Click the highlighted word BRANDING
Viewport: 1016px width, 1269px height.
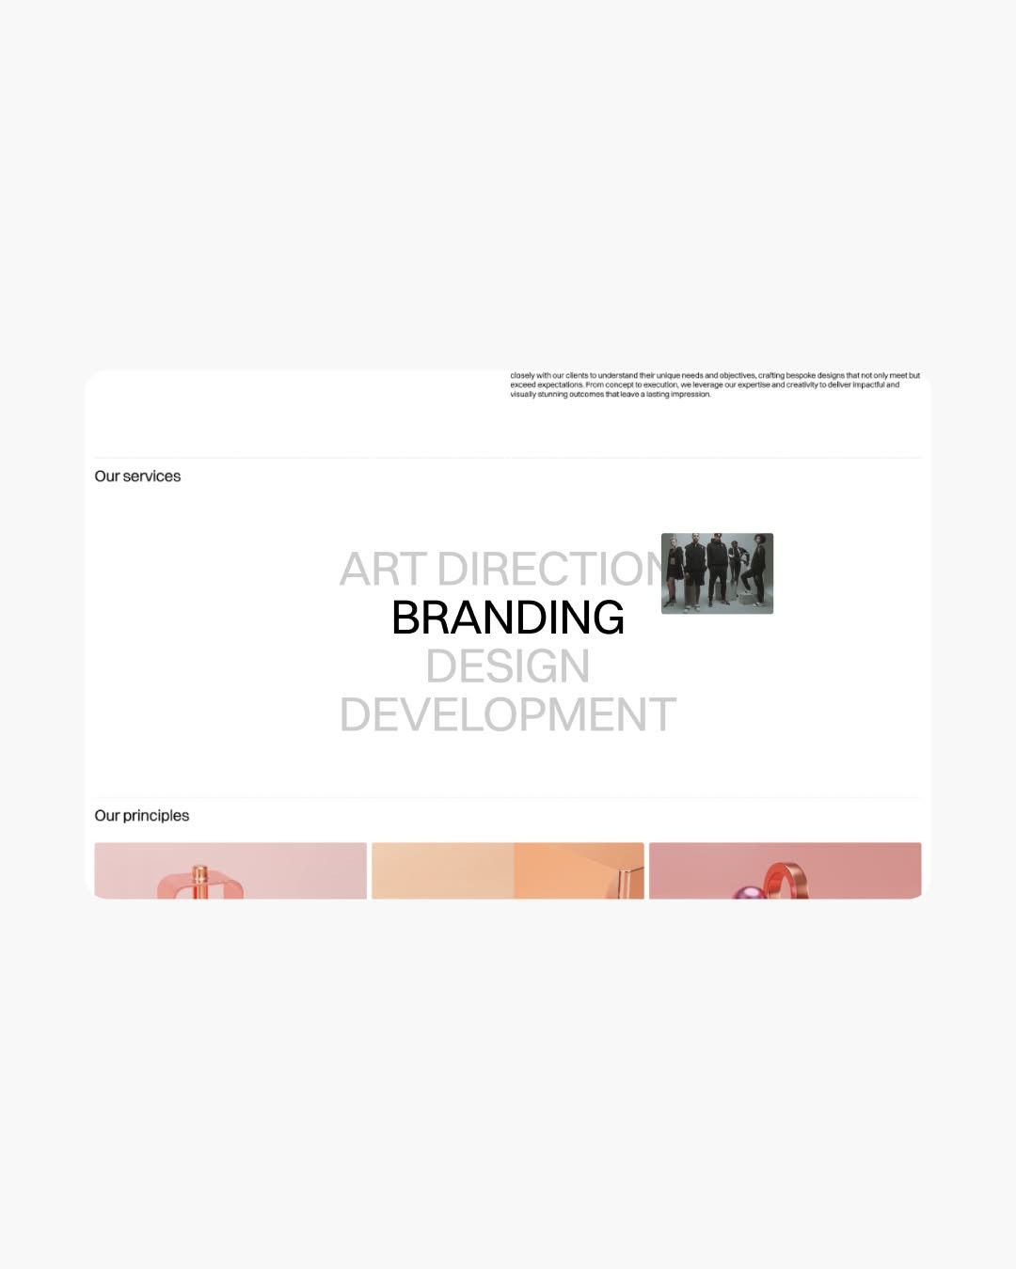click(508, 618)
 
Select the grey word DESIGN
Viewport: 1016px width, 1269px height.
click(508, 666)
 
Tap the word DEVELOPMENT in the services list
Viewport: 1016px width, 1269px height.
click(508, 715)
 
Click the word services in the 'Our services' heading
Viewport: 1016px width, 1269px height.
click(151, 477)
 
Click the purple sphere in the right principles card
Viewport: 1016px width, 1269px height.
click(747, 891)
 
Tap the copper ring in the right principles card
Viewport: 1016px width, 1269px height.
click(786, 880)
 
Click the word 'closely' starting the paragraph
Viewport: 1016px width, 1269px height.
click(522, 376)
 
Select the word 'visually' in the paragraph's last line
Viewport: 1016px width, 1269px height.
click(523, 395)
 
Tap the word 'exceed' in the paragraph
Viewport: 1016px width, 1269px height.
click(522, 385)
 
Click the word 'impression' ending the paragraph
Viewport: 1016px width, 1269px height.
click(690, 395)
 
